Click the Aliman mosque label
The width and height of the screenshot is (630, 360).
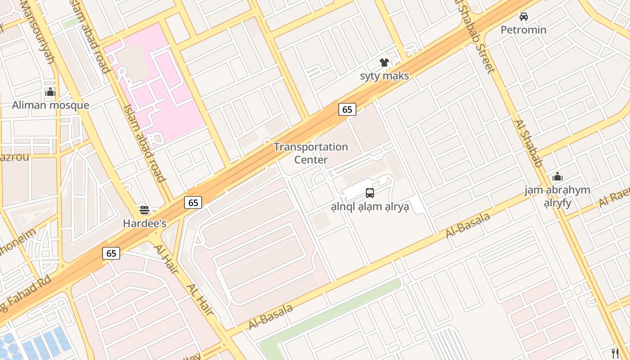(50, 105)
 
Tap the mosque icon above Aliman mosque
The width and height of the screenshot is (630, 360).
(50, 92)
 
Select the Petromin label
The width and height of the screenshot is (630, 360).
(524, 30)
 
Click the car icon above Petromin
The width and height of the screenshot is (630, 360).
(524, 17)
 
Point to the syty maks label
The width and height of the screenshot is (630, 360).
(384, 76)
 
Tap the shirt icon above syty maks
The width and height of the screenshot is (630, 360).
(384, 63)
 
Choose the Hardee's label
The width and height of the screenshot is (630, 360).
(144, 223)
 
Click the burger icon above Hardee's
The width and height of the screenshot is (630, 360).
(144, 210)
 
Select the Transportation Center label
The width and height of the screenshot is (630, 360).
(311, 153)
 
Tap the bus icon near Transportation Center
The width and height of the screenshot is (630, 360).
(370, 193)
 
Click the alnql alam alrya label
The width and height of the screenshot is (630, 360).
(370, 207)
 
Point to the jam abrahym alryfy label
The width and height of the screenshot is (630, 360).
(557, 196)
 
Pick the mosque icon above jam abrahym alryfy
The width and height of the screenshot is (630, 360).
(558, 176)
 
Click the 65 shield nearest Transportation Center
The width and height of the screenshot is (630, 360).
(347, 109)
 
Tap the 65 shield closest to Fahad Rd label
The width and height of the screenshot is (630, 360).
(111, 253)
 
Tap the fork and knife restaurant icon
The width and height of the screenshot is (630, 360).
(615, 353)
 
